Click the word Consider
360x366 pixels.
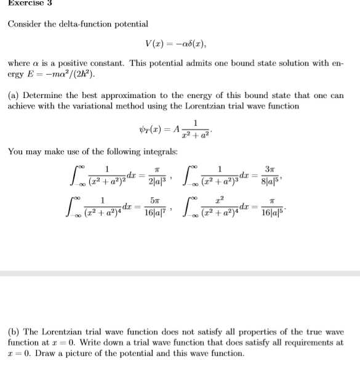click(x=25, y=24)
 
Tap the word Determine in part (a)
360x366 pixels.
click(x=42, y=96)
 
